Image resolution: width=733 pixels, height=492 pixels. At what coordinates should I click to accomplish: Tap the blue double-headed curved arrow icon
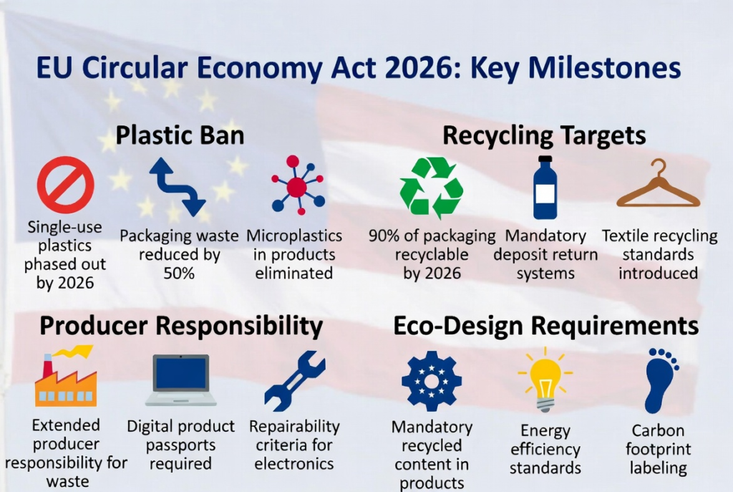178,187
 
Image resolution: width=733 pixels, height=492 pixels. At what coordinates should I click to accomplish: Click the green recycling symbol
431,188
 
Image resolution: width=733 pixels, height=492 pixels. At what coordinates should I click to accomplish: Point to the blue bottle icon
545,188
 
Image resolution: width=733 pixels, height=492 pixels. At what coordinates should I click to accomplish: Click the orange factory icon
66,376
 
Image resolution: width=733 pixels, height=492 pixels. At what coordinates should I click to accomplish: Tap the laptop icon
180,380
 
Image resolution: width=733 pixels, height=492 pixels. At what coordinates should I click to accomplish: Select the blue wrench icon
294,382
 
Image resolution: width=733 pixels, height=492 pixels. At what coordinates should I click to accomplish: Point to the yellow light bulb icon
545,380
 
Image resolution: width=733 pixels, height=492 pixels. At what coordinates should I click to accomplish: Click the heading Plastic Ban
180,135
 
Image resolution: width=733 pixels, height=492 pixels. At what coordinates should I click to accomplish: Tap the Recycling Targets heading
544,136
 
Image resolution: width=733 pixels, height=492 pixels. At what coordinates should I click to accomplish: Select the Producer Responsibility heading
181,326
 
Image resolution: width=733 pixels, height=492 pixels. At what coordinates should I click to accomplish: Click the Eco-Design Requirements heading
546,326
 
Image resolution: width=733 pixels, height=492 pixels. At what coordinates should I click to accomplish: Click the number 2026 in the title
419,68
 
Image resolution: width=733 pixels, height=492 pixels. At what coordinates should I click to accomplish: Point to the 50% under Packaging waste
179,273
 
